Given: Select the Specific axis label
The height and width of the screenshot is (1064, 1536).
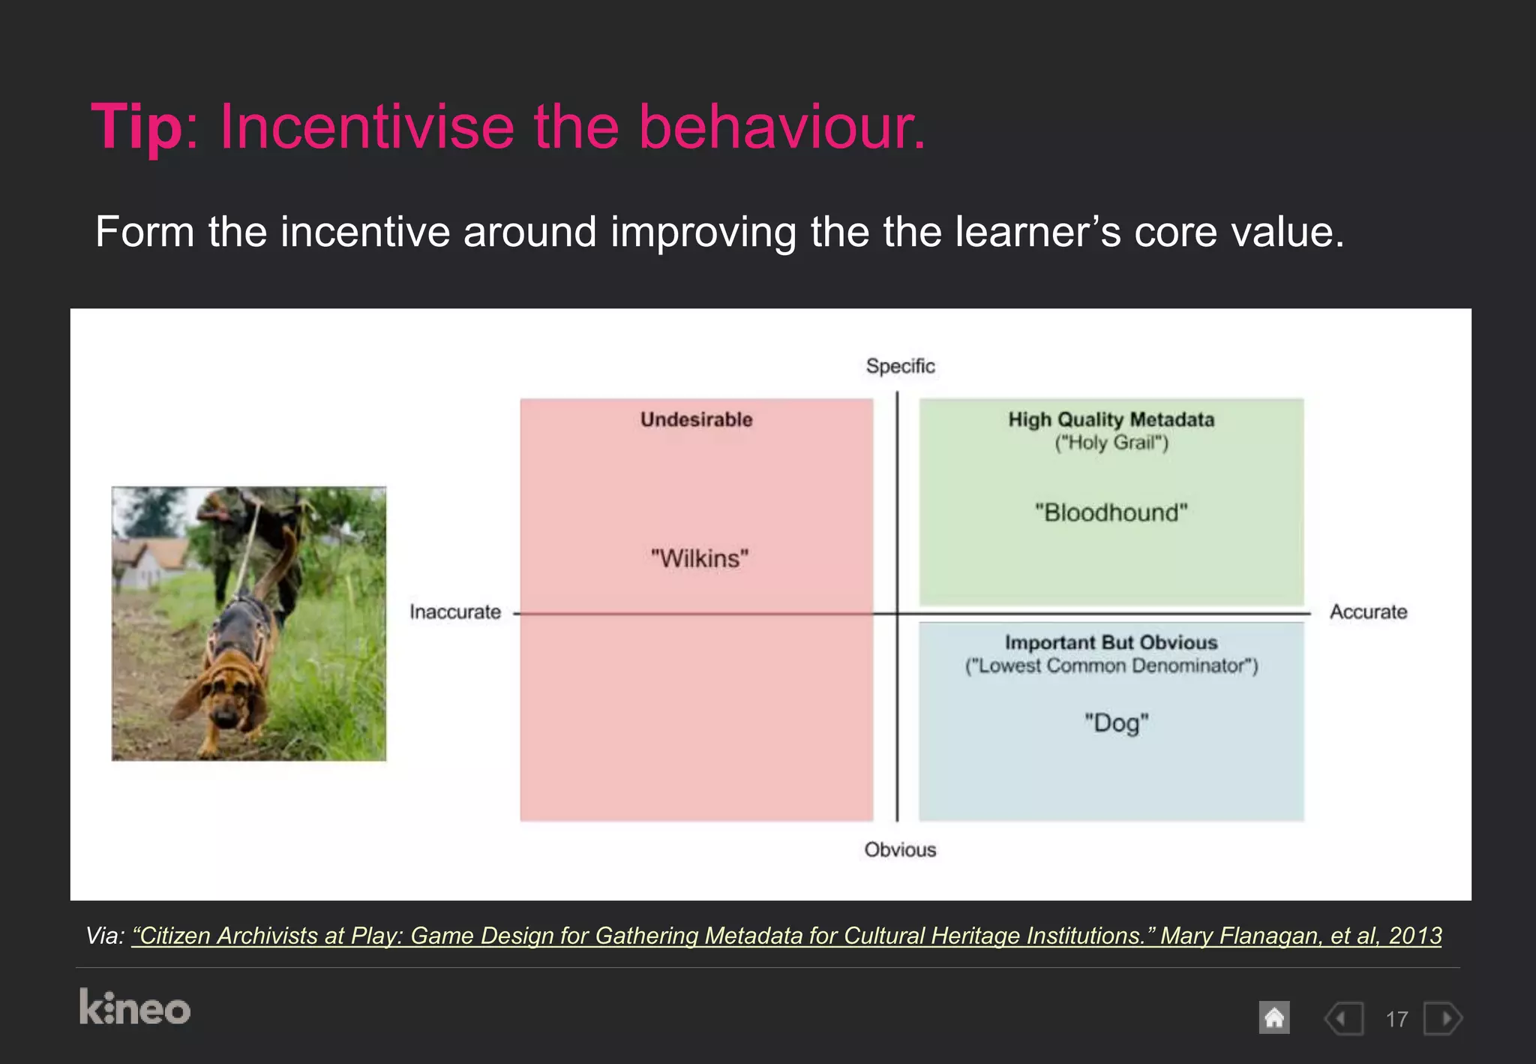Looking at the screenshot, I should tap(900, 366).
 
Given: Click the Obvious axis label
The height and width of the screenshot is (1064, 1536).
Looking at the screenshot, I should tap(900, 850).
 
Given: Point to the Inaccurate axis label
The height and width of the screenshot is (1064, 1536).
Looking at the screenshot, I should tap(455, 612).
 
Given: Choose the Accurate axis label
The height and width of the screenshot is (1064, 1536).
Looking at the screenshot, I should tap(1368, 612).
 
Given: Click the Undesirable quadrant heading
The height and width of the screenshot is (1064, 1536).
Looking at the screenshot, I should tap(696, 419).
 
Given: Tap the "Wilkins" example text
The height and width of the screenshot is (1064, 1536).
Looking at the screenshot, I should tap(700, 559).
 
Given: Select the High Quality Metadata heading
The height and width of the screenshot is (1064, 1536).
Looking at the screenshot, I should tap(1111, 419).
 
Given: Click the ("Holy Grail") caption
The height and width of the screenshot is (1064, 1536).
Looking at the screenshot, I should tap(1111, 443).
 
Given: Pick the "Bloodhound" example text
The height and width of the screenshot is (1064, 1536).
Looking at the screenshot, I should tap(1111, 513).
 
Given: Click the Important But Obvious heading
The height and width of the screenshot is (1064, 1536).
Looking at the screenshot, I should tap(1111, 642).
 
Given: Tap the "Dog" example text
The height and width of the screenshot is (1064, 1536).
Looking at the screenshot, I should tap(1116, 723).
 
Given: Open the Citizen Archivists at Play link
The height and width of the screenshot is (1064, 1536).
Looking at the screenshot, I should tap(786, 936).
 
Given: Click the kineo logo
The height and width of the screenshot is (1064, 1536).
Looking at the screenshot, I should tap(135, 1008).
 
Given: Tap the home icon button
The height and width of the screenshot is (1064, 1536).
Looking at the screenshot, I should tap(1273, 1018).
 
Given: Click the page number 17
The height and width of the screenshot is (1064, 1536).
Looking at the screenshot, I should tap(1396, 1019).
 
